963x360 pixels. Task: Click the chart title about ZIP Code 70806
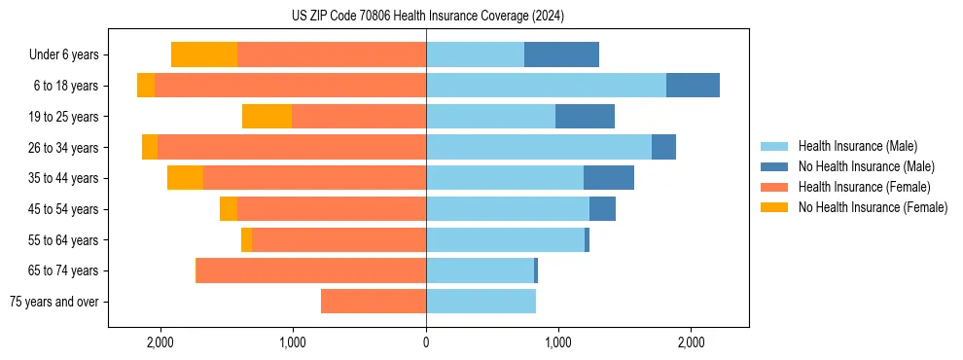click(x=427, y=17)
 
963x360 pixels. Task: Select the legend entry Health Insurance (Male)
click(x=857, y=146)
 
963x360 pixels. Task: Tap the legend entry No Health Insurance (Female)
click(x=873, y=207)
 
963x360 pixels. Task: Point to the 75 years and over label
click(x=54, y=302)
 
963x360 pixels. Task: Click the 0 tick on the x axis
click(x=426, y=343)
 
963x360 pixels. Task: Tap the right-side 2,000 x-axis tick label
click(x=690, y=343)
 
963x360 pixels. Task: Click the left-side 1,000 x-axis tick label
click(x=293, y=343)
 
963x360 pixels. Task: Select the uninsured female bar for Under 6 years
click(x=204, y=54)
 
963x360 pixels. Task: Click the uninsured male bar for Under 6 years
click(x=561, y=54)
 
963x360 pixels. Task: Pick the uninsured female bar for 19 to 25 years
click(x=267, y=117)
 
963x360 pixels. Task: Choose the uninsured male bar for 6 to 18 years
click(x=693, y=86)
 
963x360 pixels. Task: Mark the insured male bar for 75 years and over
click(x=481, y=302)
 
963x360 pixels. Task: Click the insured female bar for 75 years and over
click(x=374, y=302)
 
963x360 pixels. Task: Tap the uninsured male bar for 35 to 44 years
click(x=609, y=178)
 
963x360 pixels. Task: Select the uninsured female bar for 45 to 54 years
click(x=229, y=209)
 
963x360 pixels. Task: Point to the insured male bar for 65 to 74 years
click(x=480, y=270)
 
